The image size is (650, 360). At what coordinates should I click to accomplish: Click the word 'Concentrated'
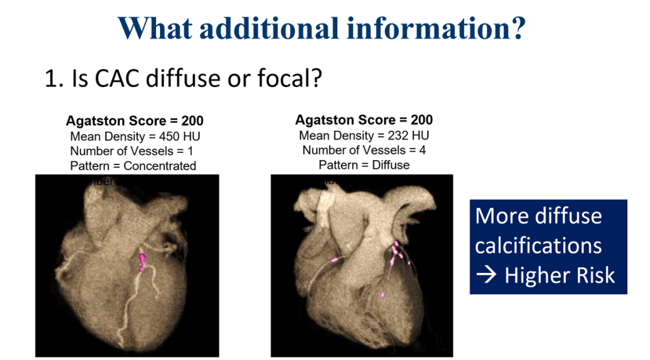tap(160, 166)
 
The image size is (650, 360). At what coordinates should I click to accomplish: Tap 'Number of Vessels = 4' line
tap(364, 150)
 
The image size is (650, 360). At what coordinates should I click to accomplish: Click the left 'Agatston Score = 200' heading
tap(135, 121)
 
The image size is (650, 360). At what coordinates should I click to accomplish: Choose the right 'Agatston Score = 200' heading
tap(364, 120)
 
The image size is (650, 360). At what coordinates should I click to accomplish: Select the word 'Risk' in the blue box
tap(594, 276)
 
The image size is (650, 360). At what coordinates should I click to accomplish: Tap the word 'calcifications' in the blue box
tap(538, 246)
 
